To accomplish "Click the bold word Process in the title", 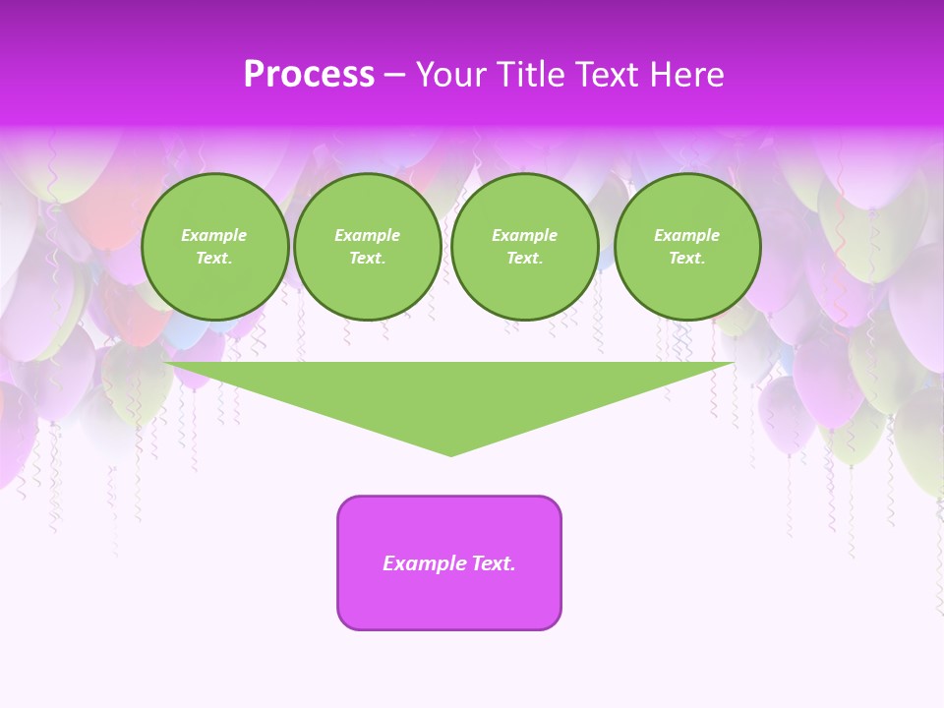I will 309,75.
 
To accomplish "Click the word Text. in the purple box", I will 491,563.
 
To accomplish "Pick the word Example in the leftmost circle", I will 214,235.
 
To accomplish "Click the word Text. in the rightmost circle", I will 686,258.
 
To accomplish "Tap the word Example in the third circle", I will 524,235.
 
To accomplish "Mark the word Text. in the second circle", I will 367,258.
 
